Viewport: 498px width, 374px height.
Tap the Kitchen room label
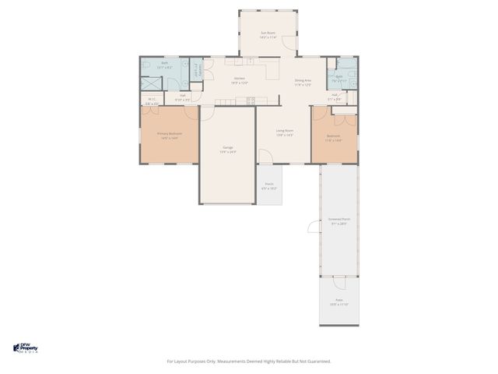240,80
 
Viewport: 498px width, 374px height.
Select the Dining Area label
303,82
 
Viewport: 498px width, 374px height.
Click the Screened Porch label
338,221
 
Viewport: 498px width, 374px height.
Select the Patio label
338,302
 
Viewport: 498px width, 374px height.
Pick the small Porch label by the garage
268,186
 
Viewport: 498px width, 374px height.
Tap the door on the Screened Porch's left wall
321,227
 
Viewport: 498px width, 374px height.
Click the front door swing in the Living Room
265,157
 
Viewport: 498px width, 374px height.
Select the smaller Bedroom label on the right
333,138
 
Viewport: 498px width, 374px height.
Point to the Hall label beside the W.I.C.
182,98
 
